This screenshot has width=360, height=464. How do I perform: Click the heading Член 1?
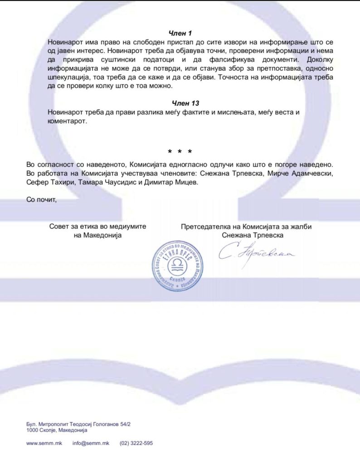pyautogui.click(x=180, y=33)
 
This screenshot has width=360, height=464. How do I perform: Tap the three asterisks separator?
pyautogui.click(x=180, y=151)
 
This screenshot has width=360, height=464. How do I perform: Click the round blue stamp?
pyautogui.click(x=177, y=266)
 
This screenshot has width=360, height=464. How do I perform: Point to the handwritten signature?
pyautogui.click(x=256, y=255)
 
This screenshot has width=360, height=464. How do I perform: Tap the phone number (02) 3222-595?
pyautogui.click(x=136, y=443)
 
